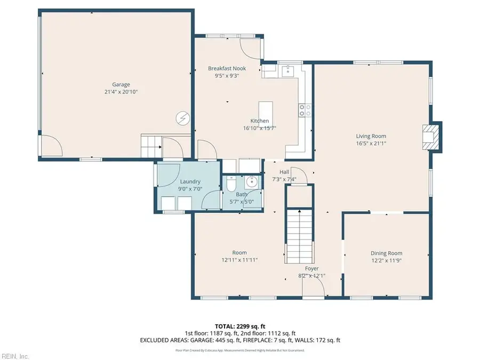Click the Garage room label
pos(121,84)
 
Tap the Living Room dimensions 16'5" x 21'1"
pos(371,143)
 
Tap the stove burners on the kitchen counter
pos(305,110)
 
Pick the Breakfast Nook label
pos(223,68)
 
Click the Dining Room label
pos(386,253)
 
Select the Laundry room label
pos(190,182)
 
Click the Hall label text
pos(284,172)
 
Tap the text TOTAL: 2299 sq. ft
pos(239,325)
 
